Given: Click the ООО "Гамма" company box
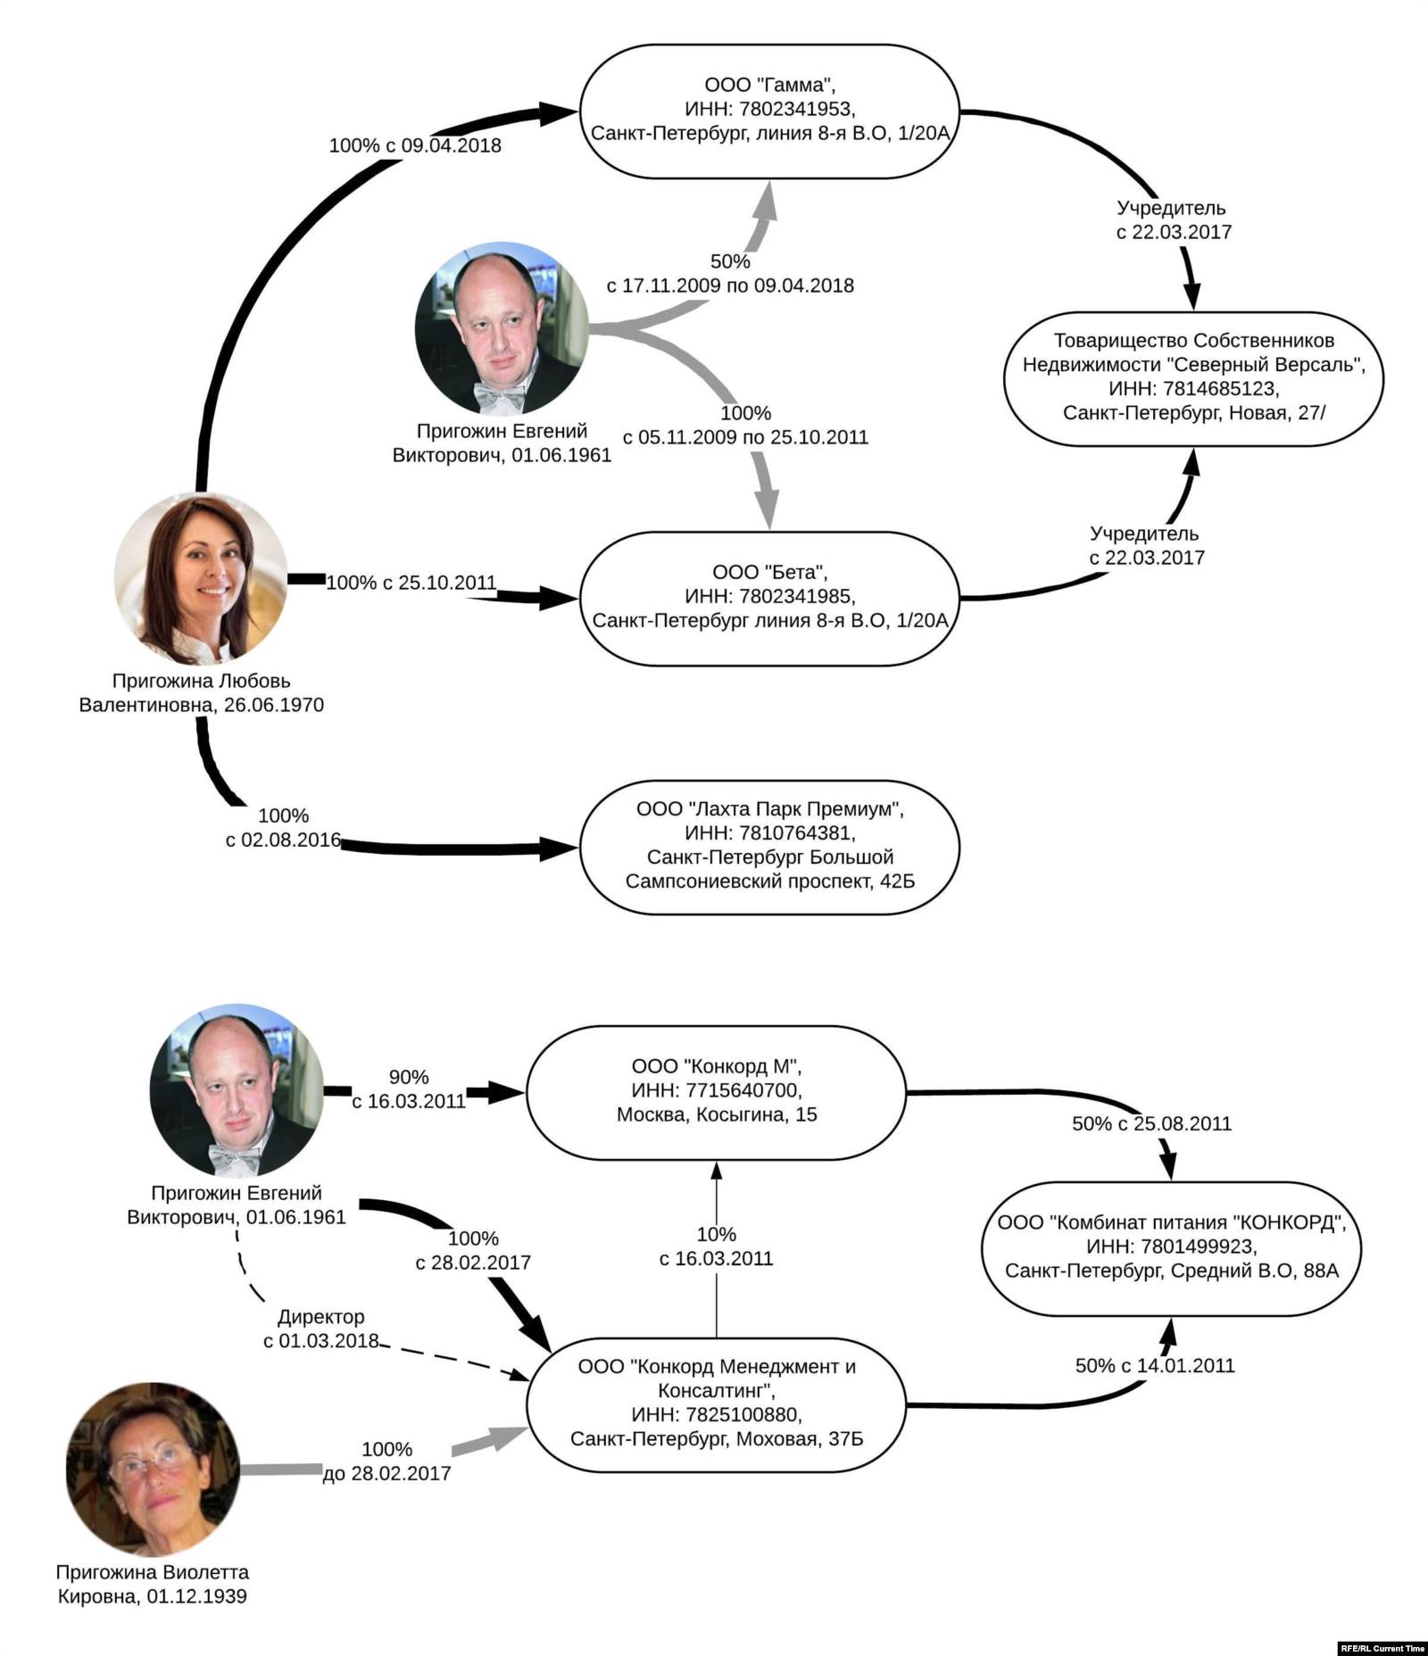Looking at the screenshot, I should pos(769,111).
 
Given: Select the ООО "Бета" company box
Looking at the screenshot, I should pos(769,598).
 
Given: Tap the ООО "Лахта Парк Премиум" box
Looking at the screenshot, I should pos(769,846).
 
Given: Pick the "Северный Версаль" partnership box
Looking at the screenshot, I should pos(1193,377).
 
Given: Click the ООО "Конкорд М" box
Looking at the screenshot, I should pos(716,1091).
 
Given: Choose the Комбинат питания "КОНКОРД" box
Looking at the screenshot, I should pos(1171,1247).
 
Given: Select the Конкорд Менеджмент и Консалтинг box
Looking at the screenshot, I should pos(716,1403).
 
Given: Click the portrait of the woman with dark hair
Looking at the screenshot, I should pos(201,578).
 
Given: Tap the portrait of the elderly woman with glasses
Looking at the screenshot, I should pos(153,1470).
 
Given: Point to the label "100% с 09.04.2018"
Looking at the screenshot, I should pos(415,145).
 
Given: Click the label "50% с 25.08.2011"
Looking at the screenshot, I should pos(1151,1124).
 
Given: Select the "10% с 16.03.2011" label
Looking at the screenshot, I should pos(716,1246).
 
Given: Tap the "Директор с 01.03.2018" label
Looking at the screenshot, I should pos(321,1329).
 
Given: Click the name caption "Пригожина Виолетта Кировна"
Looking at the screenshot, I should pos(153,1584).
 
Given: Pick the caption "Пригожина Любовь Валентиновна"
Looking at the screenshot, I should pos(201,692).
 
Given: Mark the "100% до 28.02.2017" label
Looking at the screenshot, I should pos(386,1461).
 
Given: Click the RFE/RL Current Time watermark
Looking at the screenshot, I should pos(1382,1648).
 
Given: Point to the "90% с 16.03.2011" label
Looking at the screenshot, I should pos(409,1089).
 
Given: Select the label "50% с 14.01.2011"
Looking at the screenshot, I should pos(1155,1365).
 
